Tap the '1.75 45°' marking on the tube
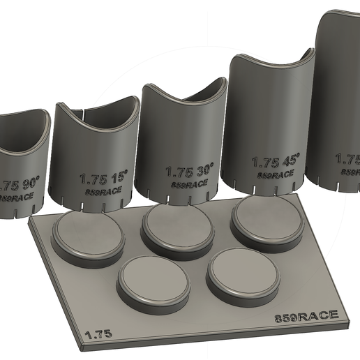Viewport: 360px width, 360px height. (276, 162)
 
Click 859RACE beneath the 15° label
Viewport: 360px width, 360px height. (103, 190)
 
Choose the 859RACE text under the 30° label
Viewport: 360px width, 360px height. (191, 183)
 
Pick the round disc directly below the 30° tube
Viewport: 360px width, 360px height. (179, 226)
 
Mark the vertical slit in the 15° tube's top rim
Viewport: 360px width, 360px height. (84, 111)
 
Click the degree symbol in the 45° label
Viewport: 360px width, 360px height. (296, 156)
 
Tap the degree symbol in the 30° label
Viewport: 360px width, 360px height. (211, 165)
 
